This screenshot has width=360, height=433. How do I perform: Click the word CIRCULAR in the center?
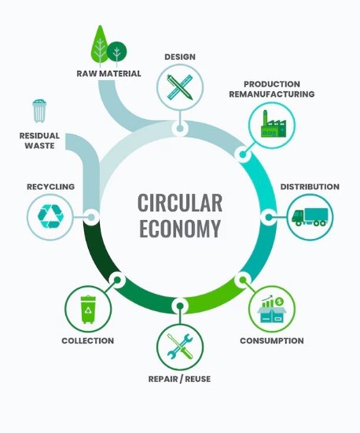[180, 203]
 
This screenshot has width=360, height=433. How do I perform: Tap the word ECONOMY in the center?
[180, 229]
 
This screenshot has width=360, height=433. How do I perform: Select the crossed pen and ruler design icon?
[180, 87]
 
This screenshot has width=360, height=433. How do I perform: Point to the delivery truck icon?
[310, 217]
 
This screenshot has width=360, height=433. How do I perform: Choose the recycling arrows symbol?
[50, 217]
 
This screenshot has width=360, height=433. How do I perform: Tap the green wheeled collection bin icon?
[88, 310]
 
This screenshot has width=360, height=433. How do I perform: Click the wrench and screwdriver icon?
[180, 347]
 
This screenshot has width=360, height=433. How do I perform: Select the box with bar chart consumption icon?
[272, 310]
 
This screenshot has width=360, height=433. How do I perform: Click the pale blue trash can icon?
[39, 111]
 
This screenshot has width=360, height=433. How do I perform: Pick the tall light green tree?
[100, 46]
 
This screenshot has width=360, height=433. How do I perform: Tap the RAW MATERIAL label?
[108, 73]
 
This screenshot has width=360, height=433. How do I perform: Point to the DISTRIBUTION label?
[310, 187]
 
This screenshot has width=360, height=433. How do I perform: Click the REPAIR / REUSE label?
[179, 379]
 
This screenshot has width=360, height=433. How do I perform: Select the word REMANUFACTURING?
[272, 94]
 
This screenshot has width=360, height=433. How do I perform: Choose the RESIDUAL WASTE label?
[39, 141]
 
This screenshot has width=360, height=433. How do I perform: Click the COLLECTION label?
[88, 341]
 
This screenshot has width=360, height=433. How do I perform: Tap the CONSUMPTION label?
[272, 341]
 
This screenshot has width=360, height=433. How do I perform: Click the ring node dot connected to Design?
[180, 128]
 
